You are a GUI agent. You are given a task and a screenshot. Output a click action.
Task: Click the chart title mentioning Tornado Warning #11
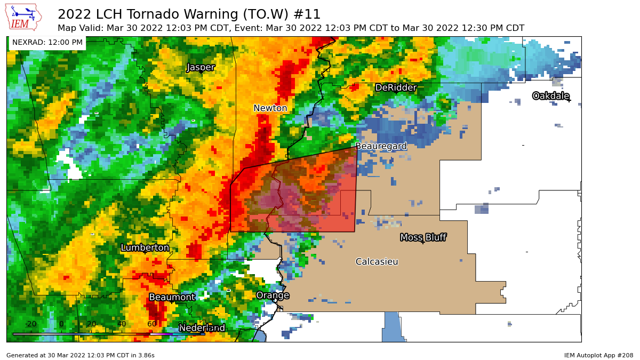pyautogui.click(x=189, y=14)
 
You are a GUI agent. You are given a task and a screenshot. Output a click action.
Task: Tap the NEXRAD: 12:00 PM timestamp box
pyautogui.click(x=47, y=43)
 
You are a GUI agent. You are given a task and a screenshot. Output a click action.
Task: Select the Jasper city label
pyautogui.click(x=201, y=67)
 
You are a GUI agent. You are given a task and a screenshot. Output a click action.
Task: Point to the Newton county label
pyautogui.click(x=270, y=108)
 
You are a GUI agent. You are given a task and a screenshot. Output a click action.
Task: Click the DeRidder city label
pyautogui.click(x=395, y=87)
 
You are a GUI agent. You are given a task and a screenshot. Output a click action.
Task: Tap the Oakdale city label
pyautogui.click(x=550, y=96)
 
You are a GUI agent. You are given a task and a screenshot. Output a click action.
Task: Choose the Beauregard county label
pyautogui.click(x=381, y=146)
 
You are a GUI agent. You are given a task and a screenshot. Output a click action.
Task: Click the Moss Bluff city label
pyautogui.click(x=423, y=237)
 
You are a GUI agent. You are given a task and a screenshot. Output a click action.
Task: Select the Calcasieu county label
pyautogui.click(x=377, y=261)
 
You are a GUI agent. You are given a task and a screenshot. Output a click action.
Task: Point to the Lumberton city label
pyautogui.click(x=145, y=247)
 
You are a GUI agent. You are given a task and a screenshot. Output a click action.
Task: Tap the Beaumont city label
pyautogui.click(x=172, y=297)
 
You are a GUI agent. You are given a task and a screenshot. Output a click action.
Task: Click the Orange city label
pyautogui.click(x=273, y=295)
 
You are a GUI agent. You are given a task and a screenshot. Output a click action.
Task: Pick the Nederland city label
pyautogui.click(x=202, y=327)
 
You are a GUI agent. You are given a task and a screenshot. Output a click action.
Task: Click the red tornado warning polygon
pyautogui.click(x=309, y=197)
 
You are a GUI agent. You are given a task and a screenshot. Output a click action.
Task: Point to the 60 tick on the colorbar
pyautogui.click(x=152, y=324)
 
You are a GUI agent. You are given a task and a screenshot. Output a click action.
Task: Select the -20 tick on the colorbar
pyautogui.click(x=31, y=324)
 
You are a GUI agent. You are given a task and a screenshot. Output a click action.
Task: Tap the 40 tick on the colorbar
pyautogui.click(x=122, y=324)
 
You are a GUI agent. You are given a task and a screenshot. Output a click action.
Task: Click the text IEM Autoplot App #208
pyautogui.click(x=598, y=355)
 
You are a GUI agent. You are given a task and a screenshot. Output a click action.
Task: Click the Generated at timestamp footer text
pyautogui.click(x=81, y=355)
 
